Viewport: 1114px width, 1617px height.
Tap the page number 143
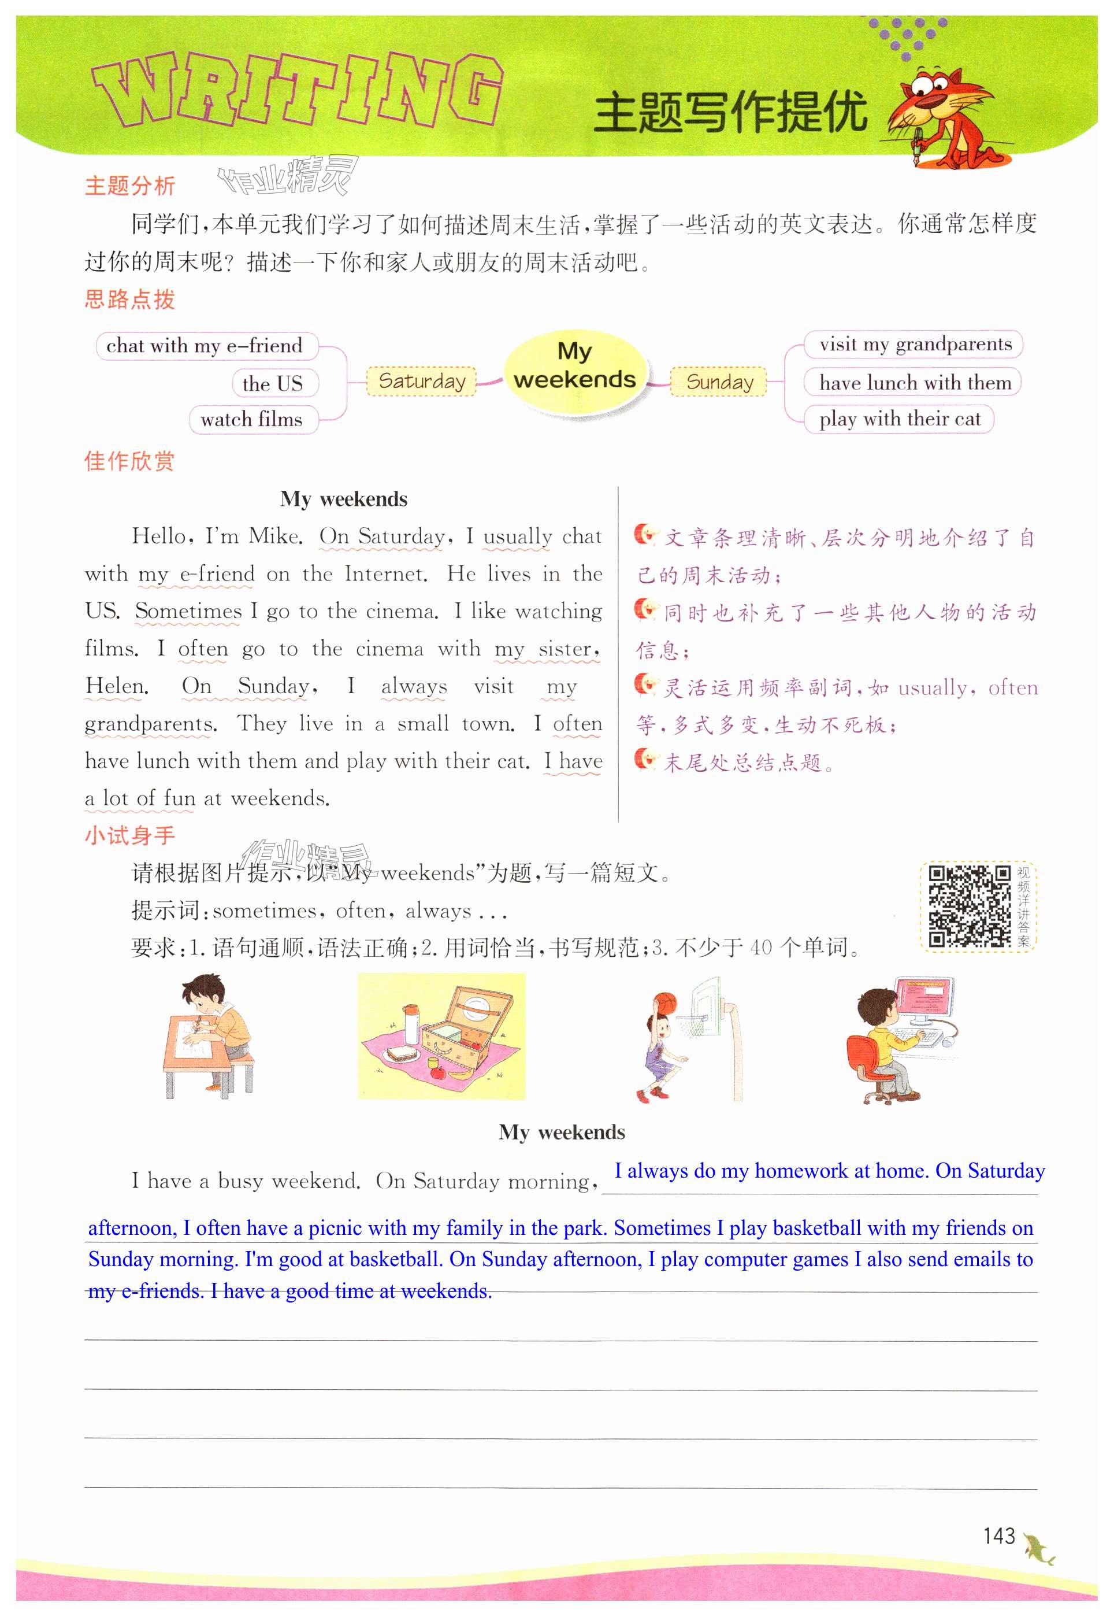(x=999, y=1535)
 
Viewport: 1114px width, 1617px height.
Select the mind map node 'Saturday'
(x=422, y=381)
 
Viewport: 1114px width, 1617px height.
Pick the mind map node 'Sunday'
(x=719, y=382)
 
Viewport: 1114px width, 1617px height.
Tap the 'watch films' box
(x=252, y=420)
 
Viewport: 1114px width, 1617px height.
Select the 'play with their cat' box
(x=899, y=419)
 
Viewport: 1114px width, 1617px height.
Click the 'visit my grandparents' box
(x=915, y=344)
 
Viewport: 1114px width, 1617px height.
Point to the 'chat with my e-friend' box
(x=205, y=346)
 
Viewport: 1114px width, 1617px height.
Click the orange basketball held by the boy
(x=664, y=1002)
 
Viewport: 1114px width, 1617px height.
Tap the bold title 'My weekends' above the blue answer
(x=562, y=1132)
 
